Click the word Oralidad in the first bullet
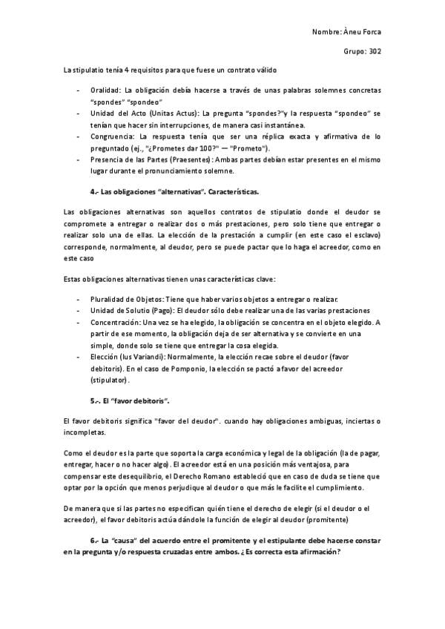click(x=106, y=90)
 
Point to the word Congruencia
click(x=112, y=137)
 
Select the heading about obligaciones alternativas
click(x=174, y=191)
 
